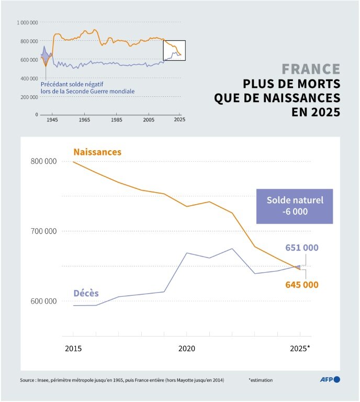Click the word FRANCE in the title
coord(311,69)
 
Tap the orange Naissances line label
coord(97,152)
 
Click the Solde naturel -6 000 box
coord(295,206)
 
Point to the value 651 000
coord(301,248)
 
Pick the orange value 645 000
coord(301,285)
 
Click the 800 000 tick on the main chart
coord(43,161)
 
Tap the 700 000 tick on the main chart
coord(43,231)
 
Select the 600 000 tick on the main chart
coord(43,301)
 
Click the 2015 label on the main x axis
coord(73,348)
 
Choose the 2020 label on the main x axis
coord(187,348)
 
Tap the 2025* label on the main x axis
coord(300,348)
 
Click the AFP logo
coord(330,379)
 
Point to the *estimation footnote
coord(260,380)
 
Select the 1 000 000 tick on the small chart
coord(27,23)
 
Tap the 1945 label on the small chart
coord(52,120)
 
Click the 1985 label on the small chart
coord(116,120)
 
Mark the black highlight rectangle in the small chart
coord(174,50)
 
